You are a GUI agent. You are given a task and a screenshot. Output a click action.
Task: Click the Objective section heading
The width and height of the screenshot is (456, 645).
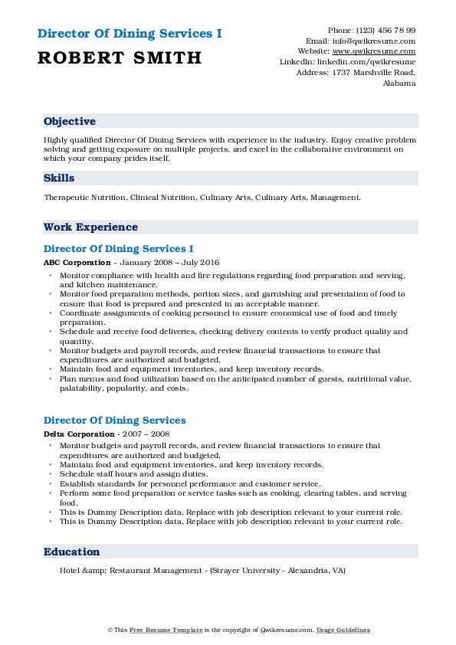pos(70,121)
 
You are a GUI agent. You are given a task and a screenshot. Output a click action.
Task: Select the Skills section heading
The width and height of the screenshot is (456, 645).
pos(59,178)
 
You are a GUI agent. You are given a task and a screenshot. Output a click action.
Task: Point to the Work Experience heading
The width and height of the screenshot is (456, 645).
pos(90,227)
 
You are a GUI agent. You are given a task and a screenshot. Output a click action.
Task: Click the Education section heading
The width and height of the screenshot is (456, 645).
pos(72,552)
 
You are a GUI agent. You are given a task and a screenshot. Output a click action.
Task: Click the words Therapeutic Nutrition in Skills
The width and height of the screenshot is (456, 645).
pos(85,198)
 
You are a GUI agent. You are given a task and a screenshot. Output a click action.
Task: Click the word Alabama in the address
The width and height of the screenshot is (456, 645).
pos(399,83)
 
